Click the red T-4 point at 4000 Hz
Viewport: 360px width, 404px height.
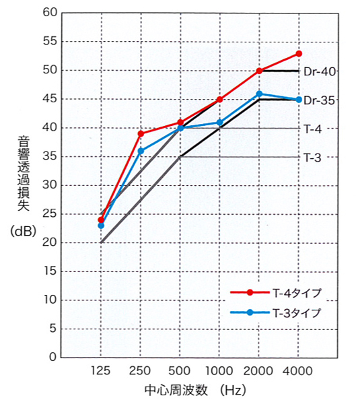(299, 53)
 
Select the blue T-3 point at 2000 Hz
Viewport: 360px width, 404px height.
(259, 94)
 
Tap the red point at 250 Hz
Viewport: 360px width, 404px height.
(141, 133)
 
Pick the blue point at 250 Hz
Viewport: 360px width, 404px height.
(141, 151)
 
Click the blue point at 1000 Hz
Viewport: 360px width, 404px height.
(219, 122)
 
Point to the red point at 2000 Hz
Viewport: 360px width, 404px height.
(259, 71)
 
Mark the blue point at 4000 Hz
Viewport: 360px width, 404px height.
(299, 100)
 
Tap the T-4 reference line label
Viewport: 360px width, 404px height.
(312, 128)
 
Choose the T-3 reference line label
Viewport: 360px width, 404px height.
(312, 157)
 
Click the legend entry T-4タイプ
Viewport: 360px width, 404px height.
(297, 292)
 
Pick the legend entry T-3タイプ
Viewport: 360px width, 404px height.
(297, 312)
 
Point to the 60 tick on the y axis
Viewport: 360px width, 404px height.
(50, 13)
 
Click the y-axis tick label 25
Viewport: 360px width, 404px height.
(50, 213)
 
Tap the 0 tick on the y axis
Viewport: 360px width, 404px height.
(53, 357)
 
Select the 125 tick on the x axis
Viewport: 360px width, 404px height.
(101, 371)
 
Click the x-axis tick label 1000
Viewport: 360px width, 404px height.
(219, 371)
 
